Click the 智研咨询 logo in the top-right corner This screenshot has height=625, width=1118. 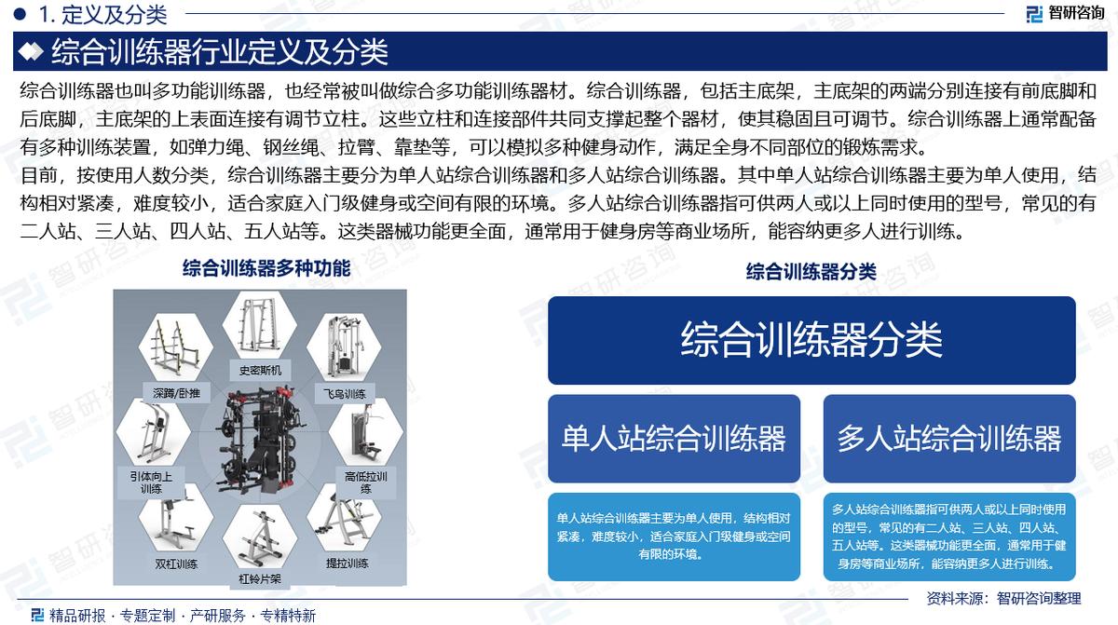coord(1064,13)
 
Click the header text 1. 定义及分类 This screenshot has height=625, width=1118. coord(102,14)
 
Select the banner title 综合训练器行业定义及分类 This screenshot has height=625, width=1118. coord(219,51)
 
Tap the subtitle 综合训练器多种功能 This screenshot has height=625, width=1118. coord(266,269)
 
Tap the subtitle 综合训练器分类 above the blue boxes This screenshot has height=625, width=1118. coord(811,271)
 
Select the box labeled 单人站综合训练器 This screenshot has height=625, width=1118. coord(674,438)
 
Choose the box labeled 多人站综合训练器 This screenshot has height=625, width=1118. coord(948,438)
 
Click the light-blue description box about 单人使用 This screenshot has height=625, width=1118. coord(674,536)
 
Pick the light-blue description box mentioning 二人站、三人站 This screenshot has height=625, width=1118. coord(948,537)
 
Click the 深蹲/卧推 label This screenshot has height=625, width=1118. coord(176,393)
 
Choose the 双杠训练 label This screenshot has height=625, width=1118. coord(176,564)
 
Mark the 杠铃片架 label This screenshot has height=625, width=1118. coord(260,578)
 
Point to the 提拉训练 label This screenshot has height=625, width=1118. coord(347,564)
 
